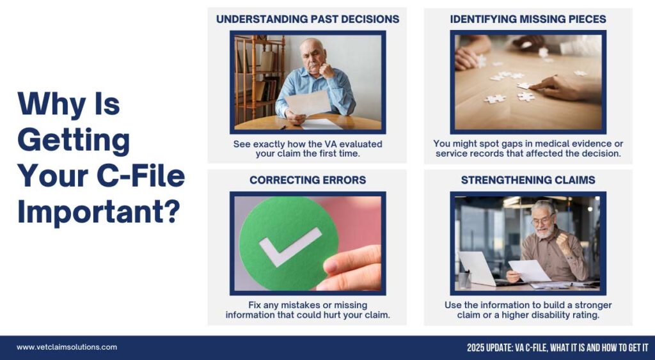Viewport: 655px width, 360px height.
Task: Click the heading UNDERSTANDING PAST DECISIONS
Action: pyautogui.click(x=308, y=19)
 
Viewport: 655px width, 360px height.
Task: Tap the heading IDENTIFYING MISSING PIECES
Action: pyautogui.click(x=528, y=19)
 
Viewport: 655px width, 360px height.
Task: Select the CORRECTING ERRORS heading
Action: pyautogui.click(x=308, y=180)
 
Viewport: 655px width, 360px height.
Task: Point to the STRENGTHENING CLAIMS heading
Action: pyautogui.click(x=528, y=180)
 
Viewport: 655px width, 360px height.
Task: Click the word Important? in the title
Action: pyautogui.click(x=99, y=212)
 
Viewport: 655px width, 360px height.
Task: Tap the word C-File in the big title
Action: pyautogui.click(x=141, y=175)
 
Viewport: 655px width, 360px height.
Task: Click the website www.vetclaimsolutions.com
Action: pyautogui.click(x=67, y=347)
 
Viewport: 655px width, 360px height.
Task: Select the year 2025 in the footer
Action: pyautogui.click(x=475, y=348)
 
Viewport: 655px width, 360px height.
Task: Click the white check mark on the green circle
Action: pyautogui.click(x=290, y=246)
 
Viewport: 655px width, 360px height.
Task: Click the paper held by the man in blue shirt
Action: pyautogui.click(x=308, y=103)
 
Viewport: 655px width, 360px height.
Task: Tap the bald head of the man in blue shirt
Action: pyautogui.click(x=312, y=45)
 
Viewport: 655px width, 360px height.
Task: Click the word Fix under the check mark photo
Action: pyautogui.click(x=255, y=305)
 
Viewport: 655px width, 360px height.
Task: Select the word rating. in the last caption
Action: pyautogui.click(x=585, y=315)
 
